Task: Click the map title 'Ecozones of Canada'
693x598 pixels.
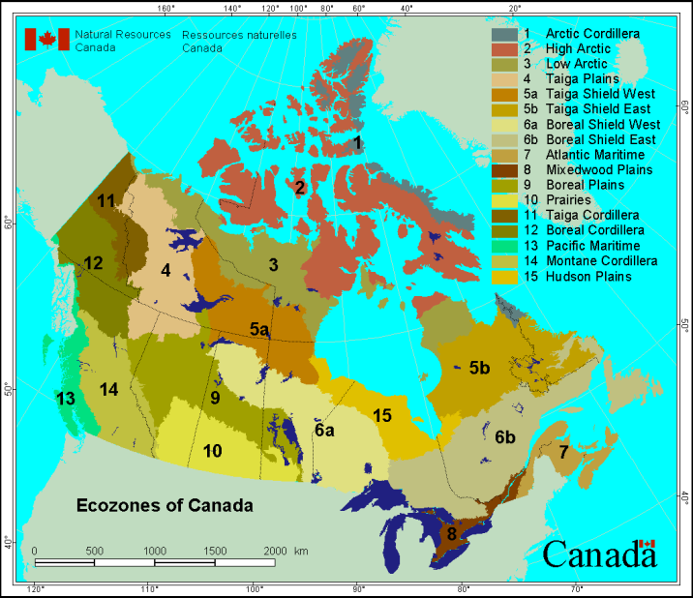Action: [164, 505]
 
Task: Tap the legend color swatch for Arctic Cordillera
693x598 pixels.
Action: [505, 34]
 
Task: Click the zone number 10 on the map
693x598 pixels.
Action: [212, 450]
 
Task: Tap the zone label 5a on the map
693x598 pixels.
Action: [259, 330]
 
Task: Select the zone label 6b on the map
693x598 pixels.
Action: [505, 437]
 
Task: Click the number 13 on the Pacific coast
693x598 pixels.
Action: [65, 398]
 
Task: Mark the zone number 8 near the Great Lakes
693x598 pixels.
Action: [450, 533]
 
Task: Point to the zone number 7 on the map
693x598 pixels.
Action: [562, 453]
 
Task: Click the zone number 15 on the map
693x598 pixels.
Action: [382, 415]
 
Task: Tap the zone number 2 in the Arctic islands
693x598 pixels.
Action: [300, 187]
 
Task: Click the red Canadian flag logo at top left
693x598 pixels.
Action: [46, 39]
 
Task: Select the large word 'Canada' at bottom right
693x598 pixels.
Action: [599, 554]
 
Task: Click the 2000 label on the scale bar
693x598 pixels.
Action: [275, 550]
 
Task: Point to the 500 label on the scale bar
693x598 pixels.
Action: [95, 550]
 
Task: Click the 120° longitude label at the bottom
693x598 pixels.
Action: [37, 588]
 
